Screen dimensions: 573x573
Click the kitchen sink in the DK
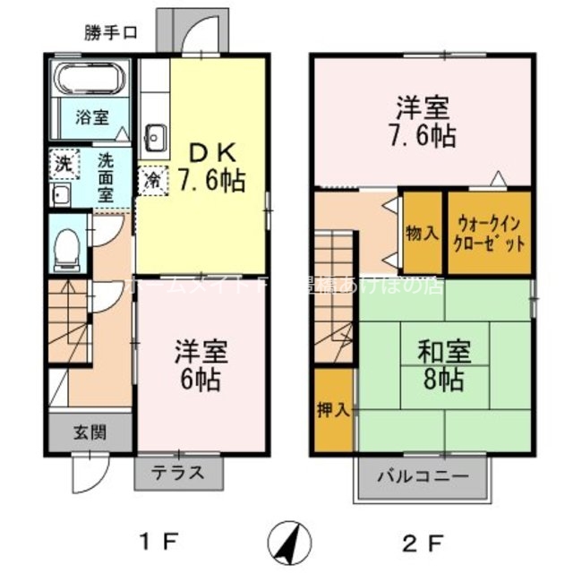tap(153, 138)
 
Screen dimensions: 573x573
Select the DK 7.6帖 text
tap(211, 165)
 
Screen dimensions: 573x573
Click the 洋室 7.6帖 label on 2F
tap(423, 123)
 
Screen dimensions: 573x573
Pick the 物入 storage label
tap(423, 233)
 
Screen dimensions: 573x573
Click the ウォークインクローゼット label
tap(490, 233)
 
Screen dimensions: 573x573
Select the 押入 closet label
tap(332, 408)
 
